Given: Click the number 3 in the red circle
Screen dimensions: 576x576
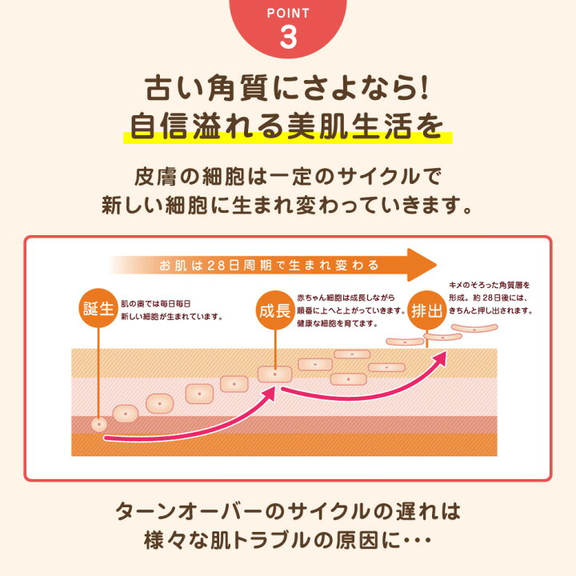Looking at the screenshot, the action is pyautogui.click(x=288, y=37).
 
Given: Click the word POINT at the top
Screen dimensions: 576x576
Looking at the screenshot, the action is pyautogui.click(x=288, y=14).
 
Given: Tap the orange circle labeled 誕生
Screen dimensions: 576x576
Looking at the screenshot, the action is pyautogui.click(x=98, y=308).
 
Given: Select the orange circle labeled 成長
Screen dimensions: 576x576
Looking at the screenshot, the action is pyautogui.click(x=275, y=310).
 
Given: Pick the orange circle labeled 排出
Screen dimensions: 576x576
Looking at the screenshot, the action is pyautogui.click(x=427, y=310).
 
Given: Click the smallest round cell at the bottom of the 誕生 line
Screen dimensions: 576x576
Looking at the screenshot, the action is pyautogui.click(x=99, y=425).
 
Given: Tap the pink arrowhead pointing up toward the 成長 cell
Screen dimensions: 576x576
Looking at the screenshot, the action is pyautogui.click(x=270, y=394).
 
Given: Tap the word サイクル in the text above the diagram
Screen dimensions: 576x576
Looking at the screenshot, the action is pyautogui.click(x=378, y=177).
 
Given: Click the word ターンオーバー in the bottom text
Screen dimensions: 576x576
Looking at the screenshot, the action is pyautogui.click(x=189, y=511).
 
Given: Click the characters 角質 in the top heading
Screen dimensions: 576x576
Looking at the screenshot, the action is pyautogui.click(x=238, y=88).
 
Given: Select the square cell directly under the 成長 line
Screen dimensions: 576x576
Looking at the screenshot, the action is pyautogui.click(x=274, y=374).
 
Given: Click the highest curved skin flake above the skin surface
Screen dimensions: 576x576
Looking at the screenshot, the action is pyautogui.click(x=474, y=328).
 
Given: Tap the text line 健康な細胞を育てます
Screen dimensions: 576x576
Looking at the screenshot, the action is pyautogui.click(x=338, y=324).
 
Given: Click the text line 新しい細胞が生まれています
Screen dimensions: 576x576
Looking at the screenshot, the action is pyautogui.click(x=171, y=317).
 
